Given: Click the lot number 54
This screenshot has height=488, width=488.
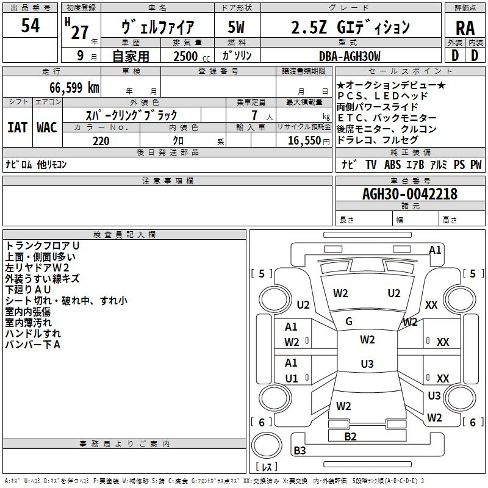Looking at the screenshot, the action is pos(30,25).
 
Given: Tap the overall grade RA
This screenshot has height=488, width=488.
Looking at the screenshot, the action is pos(465,28).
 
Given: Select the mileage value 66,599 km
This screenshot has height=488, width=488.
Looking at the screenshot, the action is pos(74,87).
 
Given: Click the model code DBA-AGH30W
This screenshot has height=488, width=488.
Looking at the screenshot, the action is pos(350,56).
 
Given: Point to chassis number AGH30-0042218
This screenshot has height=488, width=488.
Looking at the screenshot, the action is pos(410,194).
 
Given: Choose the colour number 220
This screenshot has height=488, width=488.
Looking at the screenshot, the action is pos(101,141).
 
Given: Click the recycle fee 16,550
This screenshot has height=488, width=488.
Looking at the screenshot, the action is pos(304,141).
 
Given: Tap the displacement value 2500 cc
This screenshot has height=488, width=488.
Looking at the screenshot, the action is pos(192,56).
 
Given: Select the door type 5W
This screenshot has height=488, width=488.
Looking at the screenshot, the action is pos(236,27).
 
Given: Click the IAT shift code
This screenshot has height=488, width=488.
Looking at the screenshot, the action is pos(17,127).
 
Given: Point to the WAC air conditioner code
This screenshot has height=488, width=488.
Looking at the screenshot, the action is pos(47,127).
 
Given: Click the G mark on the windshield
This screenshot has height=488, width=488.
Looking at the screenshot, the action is pos(349,321).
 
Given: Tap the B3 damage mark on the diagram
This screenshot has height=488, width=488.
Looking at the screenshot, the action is pos(300,450).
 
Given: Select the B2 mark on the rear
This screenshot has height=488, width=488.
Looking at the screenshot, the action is pos(350,437).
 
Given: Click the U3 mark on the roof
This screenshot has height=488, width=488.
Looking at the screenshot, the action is pos(367,364).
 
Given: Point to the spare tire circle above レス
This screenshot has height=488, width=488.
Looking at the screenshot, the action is pos(267,445).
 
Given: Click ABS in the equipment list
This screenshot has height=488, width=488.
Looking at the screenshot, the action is pos(392,164).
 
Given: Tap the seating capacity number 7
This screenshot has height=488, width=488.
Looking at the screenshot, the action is pos(254,115).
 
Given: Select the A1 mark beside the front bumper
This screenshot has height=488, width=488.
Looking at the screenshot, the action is pos(435,250).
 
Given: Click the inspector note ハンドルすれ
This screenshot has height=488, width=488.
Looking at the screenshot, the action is pos(33,334).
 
